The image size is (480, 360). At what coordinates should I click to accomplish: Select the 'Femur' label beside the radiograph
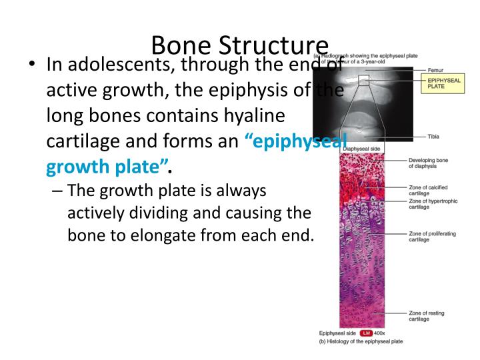(x=437, y=70)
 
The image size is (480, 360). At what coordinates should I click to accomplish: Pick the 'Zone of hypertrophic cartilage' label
(x=430, y=204)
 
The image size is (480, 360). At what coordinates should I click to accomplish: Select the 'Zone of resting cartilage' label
(x=427, y=315)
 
